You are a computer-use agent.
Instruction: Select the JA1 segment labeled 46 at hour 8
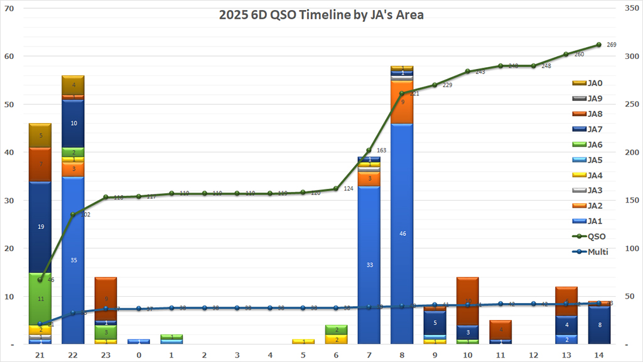pos(402,233)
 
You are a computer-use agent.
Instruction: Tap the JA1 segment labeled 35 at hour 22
pos(73,260)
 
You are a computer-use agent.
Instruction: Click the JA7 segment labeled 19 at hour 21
pos(41,227)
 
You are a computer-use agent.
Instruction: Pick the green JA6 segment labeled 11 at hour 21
pos(41,299)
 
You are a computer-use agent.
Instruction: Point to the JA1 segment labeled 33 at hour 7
pos(369,265)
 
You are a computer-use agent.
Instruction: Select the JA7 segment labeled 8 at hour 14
pos(599,325)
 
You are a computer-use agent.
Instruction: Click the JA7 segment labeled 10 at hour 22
pos(73,124)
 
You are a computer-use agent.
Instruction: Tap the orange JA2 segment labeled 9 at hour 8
pos(402,102)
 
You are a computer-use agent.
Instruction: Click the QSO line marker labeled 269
pos(599,45)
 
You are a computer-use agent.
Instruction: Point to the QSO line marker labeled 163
pos(369,151)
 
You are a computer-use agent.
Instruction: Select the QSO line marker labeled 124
pos(337,188)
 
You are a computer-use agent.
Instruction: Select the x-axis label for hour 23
pos(106,354)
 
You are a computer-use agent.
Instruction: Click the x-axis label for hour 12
pos(534,354)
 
